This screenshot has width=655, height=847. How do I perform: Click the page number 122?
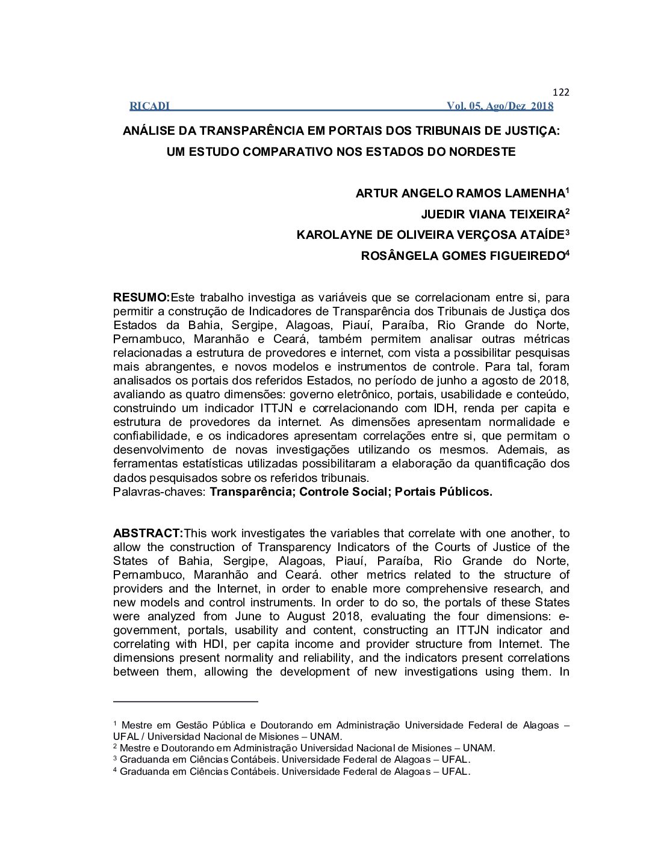[560, 92]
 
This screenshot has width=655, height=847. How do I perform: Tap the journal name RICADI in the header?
[149, 106]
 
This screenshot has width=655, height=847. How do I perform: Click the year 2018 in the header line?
[542, 106]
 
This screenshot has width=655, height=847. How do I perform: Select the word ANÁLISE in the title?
[152, 131]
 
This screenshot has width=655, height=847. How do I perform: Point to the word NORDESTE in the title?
[486, 152]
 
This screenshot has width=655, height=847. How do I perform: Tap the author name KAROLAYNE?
[330, 235]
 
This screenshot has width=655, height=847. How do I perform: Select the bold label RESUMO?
[141, 298]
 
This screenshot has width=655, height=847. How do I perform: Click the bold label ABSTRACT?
[148, 534]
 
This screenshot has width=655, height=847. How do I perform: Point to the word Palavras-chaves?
[159, 492]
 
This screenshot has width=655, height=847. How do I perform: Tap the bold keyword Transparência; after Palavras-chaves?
[252, 492]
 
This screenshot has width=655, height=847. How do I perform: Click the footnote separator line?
[185, 701]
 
